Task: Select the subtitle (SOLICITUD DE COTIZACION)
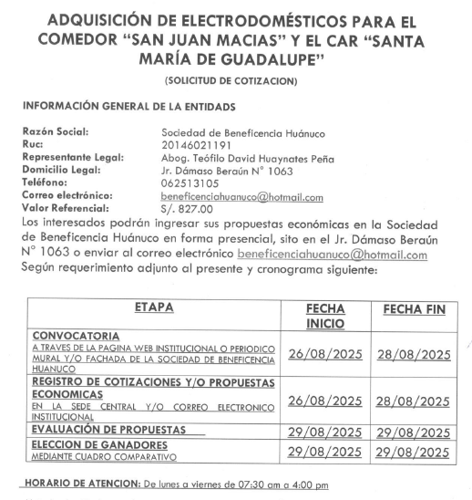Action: coord(235,82)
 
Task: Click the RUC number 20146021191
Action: coord(200,145)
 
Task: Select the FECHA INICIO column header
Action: coord(324,317)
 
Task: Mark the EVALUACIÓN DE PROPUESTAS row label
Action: coord(108,428)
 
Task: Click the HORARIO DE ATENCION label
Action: coord(80,484)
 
